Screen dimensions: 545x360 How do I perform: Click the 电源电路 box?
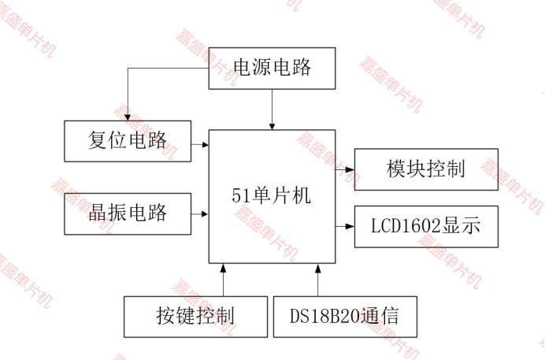point(272,68)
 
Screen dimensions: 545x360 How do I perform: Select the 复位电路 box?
point(128,141)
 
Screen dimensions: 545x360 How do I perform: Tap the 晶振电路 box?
point(128,213)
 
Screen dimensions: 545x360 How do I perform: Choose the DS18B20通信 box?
point(344,317)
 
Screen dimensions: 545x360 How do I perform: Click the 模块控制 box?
point(426,169)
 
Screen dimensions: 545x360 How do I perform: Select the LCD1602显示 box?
point(426,227)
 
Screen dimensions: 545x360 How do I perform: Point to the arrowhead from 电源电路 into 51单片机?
point(272,125)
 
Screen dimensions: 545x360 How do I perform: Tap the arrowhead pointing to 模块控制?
point(350,169)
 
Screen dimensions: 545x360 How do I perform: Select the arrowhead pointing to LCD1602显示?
point(350,227)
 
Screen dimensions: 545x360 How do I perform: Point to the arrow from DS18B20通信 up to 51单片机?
point(318,280)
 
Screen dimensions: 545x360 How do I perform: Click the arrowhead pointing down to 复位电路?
point(128,116)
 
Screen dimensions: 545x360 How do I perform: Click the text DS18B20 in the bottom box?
point(324,317)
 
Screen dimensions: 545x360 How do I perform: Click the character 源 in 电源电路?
point(261,68)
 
